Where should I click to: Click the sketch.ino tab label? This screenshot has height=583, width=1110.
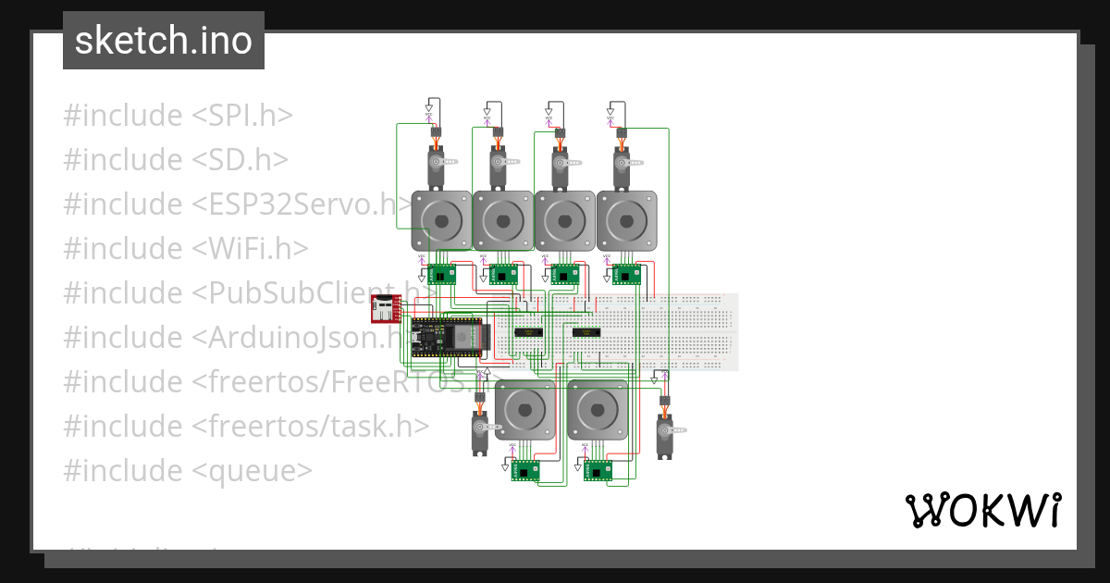click(x=164, y=41)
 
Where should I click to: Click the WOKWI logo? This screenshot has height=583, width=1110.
click(x=981, y=510)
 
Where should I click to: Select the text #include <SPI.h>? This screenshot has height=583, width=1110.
click(x=179, y=116)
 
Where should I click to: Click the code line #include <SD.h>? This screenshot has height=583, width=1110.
click(x=176, y=160)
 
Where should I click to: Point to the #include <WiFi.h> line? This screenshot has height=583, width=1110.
click(x=186, y=249)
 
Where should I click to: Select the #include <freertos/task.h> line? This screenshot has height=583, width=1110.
click(x=246, y=427)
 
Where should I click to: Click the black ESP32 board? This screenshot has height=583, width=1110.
click(x=449, y=338)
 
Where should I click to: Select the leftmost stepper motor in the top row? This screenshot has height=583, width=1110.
click(x=441, y=221)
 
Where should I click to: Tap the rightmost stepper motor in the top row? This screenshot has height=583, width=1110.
click(x=626, y=221)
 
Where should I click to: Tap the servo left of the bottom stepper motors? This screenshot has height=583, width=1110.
click(x=480, y=431)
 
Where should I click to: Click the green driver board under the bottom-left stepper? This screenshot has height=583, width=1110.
click(x=525, y=471)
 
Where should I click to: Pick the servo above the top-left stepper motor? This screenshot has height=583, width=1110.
click(x=438, y=166)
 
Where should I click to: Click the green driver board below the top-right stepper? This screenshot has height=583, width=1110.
click(x=626, y=274)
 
